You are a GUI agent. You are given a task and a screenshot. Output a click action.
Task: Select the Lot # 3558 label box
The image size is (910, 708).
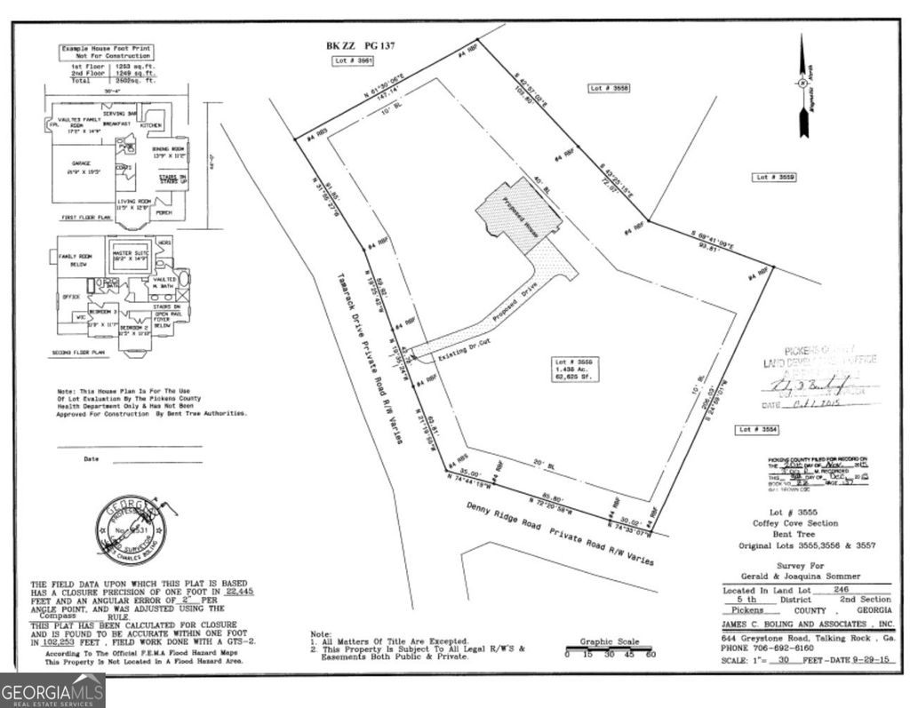610,88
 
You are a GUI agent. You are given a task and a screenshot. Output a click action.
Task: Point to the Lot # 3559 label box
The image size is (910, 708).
775,178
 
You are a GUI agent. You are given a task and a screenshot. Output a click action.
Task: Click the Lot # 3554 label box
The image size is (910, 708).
756,429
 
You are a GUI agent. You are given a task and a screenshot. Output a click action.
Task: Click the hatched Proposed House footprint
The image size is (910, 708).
518,214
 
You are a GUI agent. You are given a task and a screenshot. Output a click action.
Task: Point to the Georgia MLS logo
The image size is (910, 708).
52,690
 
